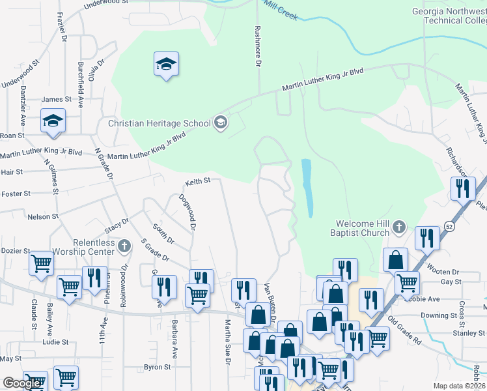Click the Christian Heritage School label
point(159,123)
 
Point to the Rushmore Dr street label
point(258,46)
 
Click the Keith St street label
point(198,181)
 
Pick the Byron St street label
point(157,367)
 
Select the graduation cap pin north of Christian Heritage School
point(167,65)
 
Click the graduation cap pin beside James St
point(53,121)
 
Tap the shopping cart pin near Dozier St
point(41,264)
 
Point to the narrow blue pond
point(307,188)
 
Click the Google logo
point(22,383)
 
